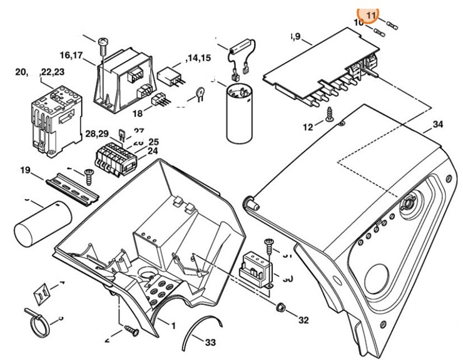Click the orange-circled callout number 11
[x=372, y=14]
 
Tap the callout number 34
[x=437, y=125]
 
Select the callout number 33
[x=211, y=342]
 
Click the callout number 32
[x=303, y=320]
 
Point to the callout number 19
[x=26, y=170]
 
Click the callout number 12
[x=308, y=127]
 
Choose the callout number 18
[x=137, y=113]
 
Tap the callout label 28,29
[x=98, y=134]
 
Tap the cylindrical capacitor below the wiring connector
[x=240, y=112]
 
